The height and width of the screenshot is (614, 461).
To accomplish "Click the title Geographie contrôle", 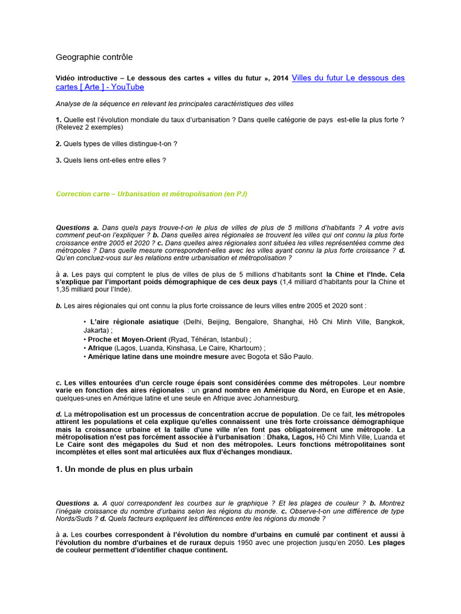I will click(x=94, y=57).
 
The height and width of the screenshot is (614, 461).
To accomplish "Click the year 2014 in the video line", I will click(x=280, y=79).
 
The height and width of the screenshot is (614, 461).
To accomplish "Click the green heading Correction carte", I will click(x=84, y=194).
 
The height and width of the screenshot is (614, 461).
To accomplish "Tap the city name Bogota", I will click(x=261, y=356).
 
